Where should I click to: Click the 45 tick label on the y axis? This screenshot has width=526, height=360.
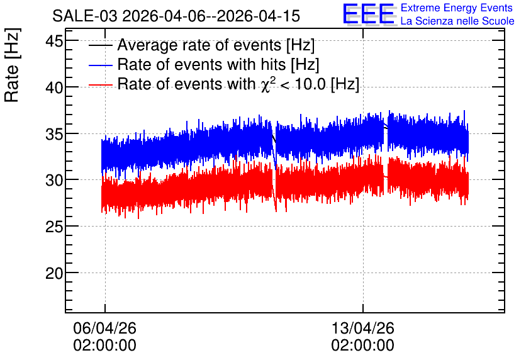(x=54, y=42)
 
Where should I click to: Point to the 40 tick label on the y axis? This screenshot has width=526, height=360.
(x=54, y=88)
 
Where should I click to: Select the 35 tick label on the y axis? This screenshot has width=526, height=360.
(x=54, y=134)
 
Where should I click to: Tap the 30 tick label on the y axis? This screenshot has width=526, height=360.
(x=54, y=181)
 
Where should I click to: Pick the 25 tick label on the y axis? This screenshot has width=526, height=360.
(x=54, y=227)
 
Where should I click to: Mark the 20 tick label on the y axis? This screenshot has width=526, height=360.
(x=54, y=273)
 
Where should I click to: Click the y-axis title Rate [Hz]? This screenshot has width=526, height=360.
(x=12, y=65)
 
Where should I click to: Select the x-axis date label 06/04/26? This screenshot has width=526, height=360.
(x=104, y=328)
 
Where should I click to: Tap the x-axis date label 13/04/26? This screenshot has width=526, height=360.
(x=362, y=328)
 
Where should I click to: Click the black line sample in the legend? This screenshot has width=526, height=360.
(x=100, y=45)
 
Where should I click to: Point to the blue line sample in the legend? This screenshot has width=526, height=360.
(x=100, y=65)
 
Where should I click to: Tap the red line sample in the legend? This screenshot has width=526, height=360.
(x=100, y=85)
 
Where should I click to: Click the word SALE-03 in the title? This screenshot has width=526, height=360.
(x=85, y=16)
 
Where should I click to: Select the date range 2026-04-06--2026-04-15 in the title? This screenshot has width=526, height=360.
(x=211, y=16)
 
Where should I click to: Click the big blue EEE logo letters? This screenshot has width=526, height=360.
(x=369, y=14)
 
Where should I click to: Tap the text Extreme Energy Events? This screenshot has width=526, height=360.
(x=457, y=8)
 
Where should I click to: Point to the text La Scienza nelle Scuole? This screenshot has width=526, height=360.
(x=457, y=21)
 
